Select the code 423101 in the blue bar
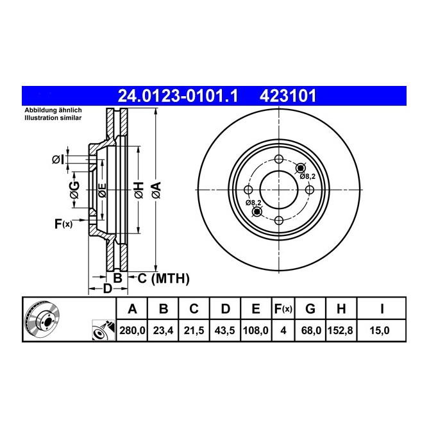(x=287, y=97)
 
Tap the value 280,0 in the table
(x=133, y=330)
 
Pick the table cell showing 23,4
(x=163, y=330)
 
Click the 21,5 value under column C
(x=194, y=330)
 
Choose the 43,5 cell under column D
(x=224, y=330)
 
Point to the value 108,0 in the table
(x=255, y=330)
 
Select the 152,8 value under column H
(x=341, y=330)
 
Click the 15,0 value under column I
(x=382, y=330)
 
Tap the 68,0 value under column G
(x=310, y=330)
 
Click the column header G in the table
(x=310, y=310)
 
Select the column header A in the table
(x=133, y=310)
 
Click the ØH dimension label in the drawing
(x=137, y=189)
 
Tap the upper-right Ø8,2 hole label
(x=308, y=176)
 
